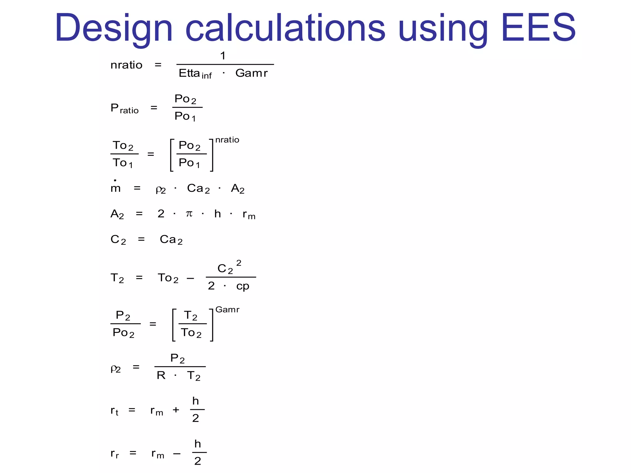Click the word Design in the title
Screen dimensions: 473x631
[x=113, y=28]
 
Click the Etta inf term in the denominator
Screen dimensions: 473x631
[x=195, y=74]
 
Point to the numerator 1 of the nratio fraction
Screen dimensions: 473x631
[x=223, y=56]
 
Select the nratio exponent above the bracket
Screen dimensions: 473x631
[x=227, y=140]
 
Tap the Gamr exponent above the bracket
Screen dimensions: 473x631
[x=227, y=309]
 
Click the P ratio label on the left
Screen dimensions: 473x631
[x=124, y=108]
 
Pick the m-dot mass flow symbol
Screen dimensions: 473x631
[x=116, y=187]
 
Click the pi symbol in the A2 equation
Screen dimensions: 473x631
[x=189, y=213]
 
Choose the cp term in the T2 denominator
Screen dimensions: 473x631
[x=242, y=286]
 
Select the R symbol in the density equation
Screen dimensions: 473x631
[x=161, y=375]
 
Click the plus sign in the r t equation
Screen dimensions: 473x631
[x=176, y=410]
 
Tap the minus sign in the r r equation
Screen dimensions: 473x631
[x=177, y=453]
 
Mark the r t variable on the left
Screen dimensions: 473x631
[x=114, y=410]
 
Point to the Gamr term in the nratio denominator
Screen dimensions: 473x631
[x=251, y=73]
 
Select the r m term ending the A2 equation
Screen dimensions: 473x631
[x=249, y=214]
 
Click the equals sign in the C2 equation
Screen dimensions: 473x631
[x=141, y=239]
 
